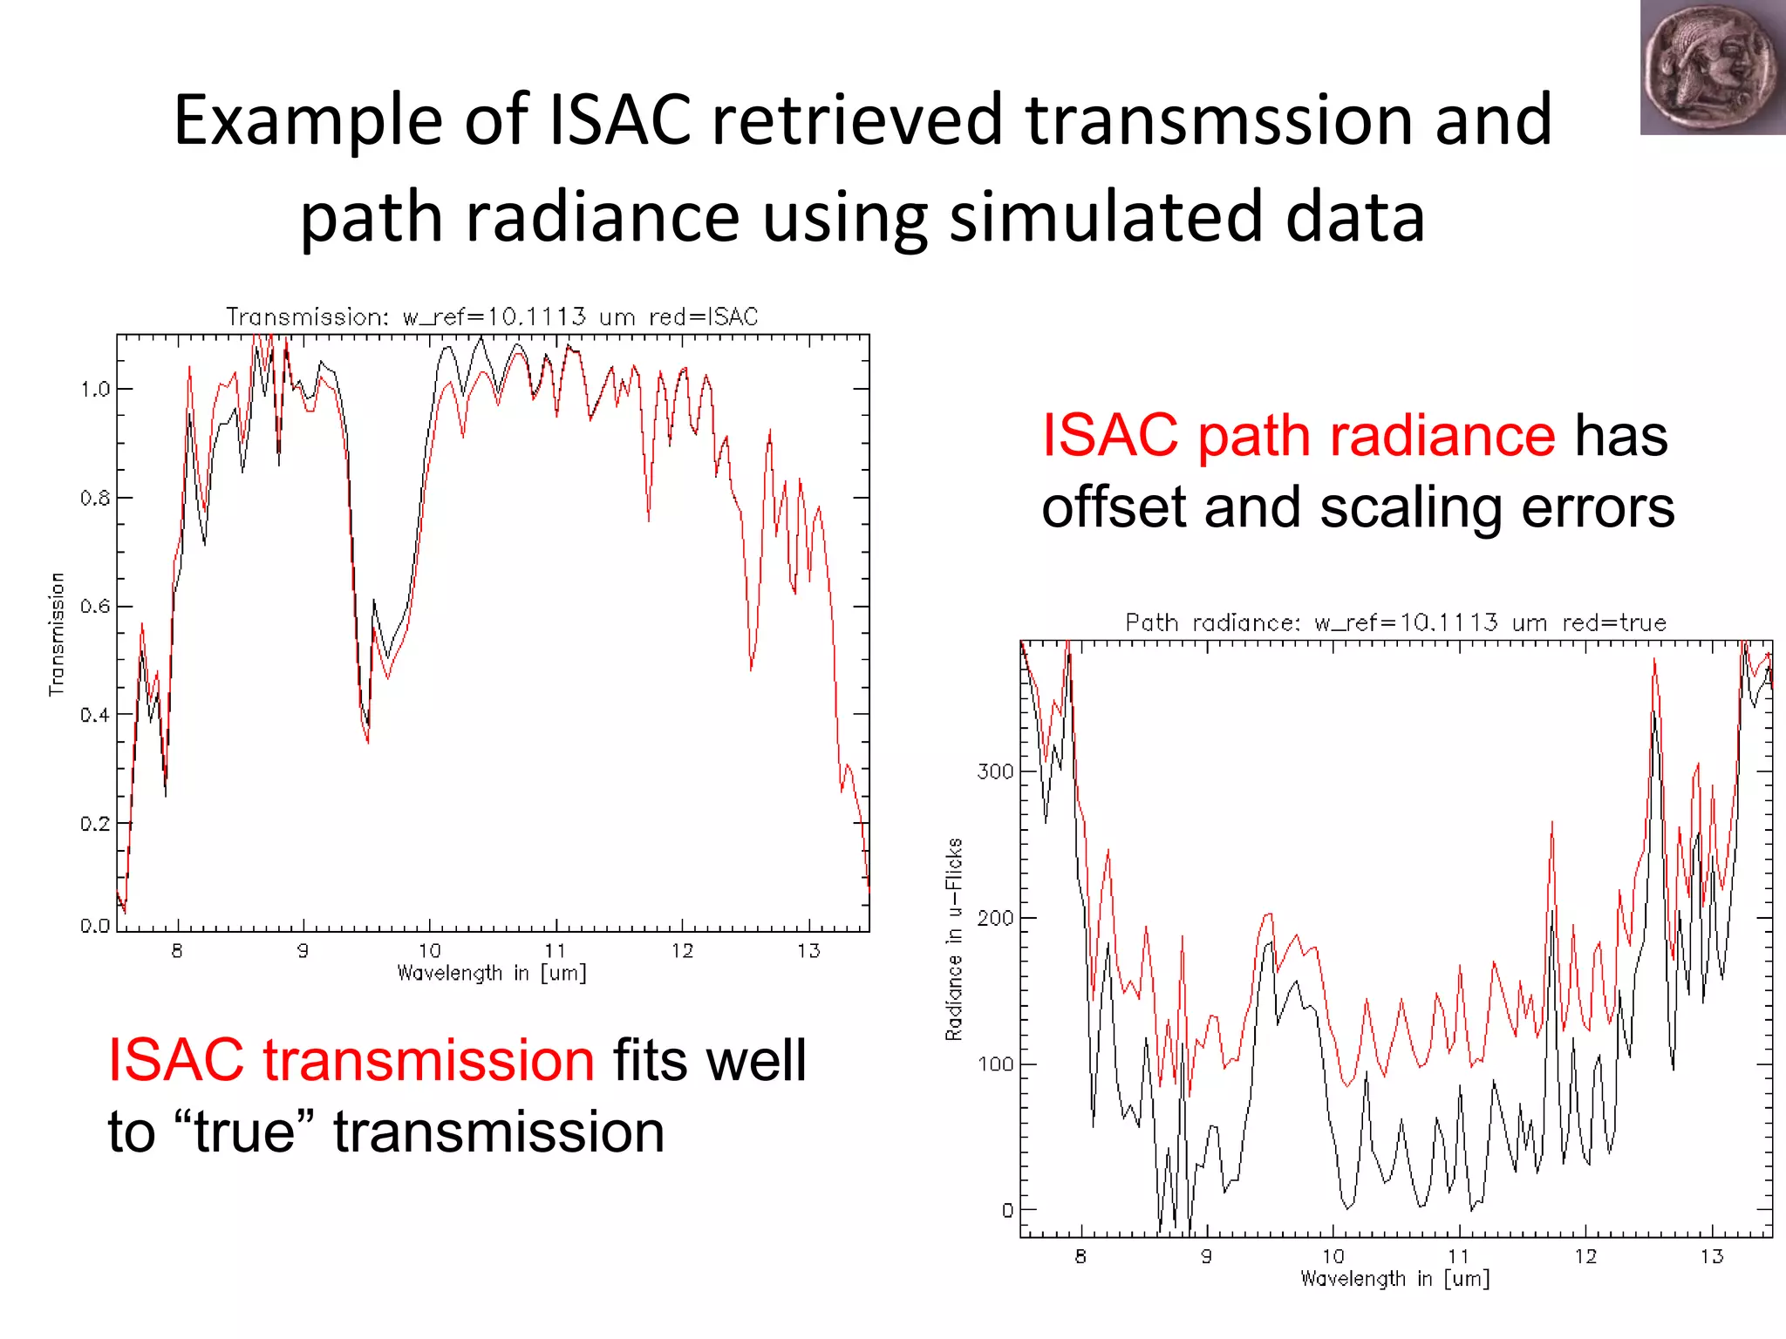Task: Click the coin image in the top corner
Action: click(1711, 67)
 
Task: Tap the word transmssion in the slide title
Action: click(1219, 120)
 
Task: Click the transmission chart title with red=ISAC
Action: click(492, 316)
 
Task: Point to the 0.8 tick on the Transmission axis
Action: click(95, 498)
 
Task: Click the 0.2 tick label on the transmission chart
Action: click(95, 824)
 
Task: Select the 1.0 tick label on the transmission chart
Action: click(95, 389)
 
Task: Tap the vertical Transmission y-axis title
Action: click(57, 634)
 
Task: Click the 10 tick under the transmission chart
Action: click(429, 950)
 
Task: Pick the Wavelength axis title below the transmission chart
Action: click(492, 973)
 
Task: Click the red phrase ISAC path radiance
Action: click(1299, 435)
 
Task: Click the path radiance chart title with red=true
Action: click(1395, 622)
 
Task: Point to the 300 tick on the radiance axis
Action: click(995, 771)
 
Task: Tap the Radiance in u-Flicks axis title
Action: click(954, 939)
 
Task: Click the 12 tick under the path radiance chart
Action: click(1585, 1256)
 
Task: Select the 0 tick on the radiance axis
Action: click(1007, 1210)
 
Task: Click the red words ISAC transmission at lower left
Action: click(351, 1061)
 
